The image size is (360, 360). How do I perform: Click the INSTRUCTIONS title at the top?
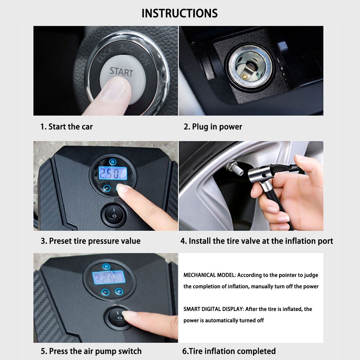(179, 13)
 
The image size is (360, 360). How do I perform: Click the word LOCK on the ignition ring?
(104, 55)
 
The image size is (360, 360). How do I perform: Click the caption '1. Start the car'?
(66, 127)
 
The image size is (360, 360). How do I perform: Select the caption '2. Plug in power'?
(213, 127)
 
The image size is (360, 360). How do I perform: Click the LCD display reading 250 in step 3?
(113, 174)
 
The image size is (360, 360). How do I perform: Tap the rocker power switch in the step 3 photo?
(113, 215)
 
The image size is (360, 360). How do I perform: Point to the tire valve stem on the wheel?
(231, 167)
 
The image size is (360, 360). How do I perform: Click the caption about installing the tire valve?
(256, 241)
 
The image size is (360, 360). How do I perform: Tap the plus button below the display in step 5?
(118, 292)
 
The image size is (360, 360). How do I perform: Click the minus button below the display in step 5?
(105, 292)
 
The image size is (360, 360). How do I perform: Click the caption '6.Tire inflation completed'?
(229, 351)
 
